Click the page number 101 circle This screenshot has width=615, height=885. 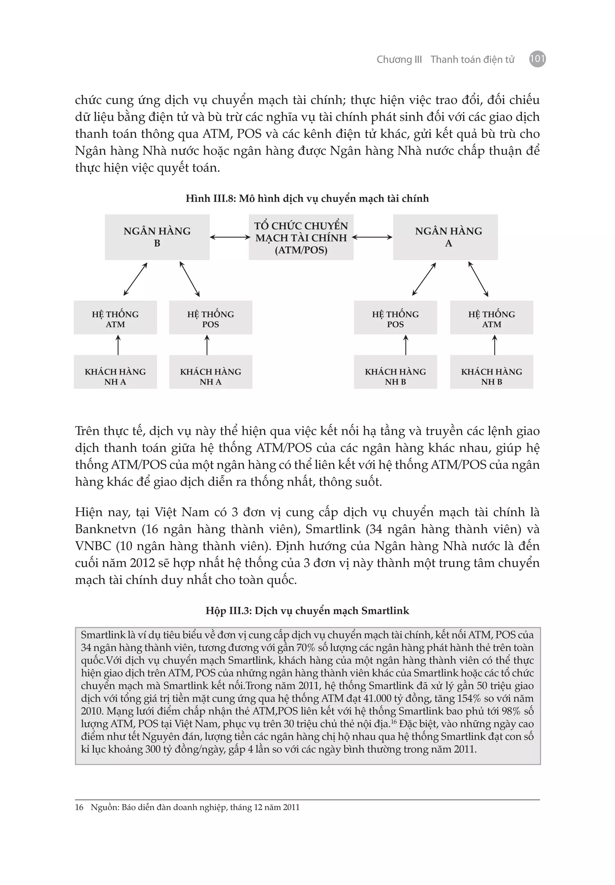[x=537, y=59]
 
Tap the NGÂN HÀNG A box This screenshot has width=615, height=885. [x=445, y=237]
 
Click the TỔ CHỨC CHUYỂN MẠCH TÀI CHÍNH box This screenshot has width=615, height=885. [x=301, y=237]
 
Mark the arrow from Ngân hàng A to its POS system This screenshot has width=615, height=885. [x=424, y=279]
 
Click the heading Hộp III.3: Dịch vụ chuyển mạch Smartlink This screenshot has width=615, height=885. [x=307, y=611]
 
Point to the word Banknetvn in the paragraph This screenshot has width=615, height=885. [x=106, y=529]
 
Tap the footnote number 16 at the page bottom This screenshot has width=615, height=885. [x=79, y=807]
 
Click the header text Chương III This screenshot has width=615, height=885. [x=399, y=59]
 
